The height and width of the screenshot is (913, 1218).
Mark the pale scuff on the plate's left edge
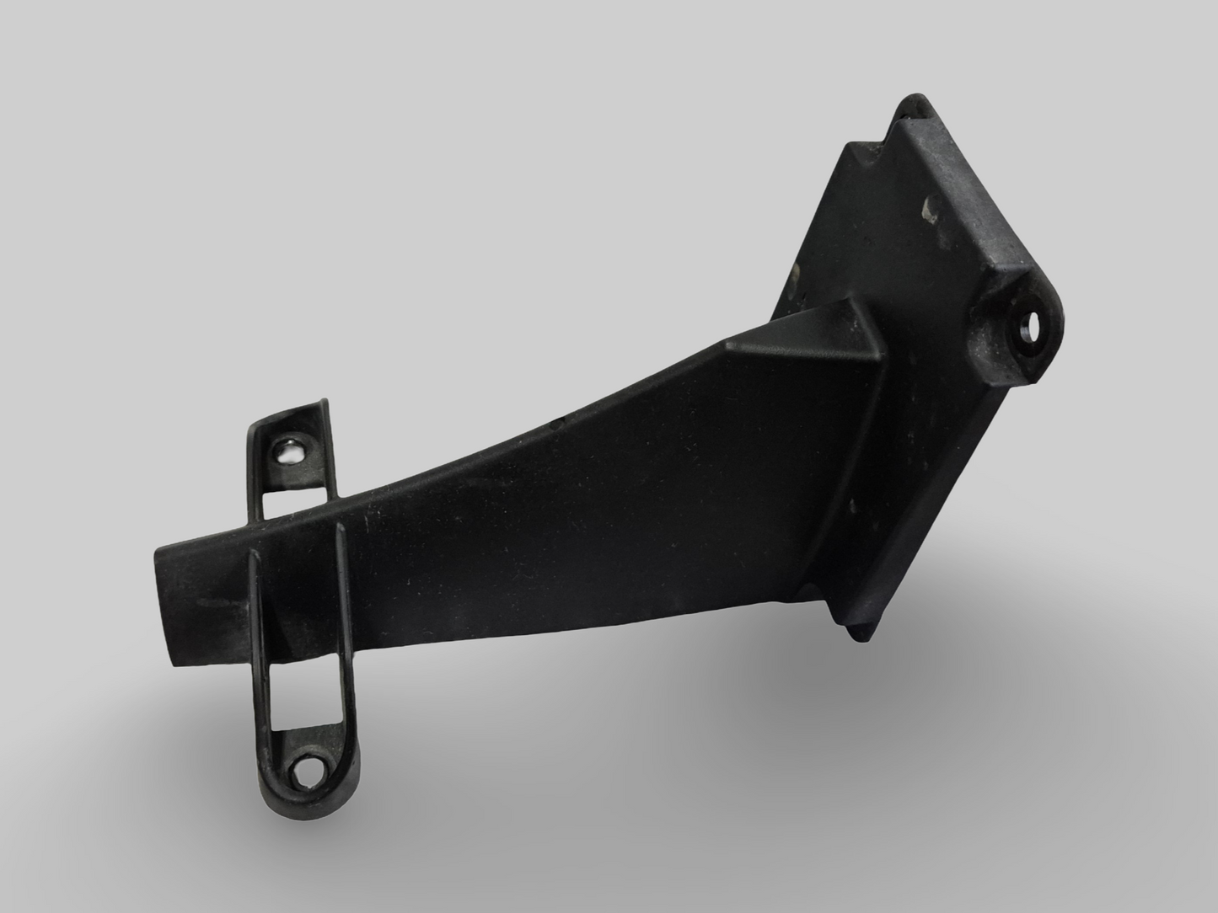click(794, 271)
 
